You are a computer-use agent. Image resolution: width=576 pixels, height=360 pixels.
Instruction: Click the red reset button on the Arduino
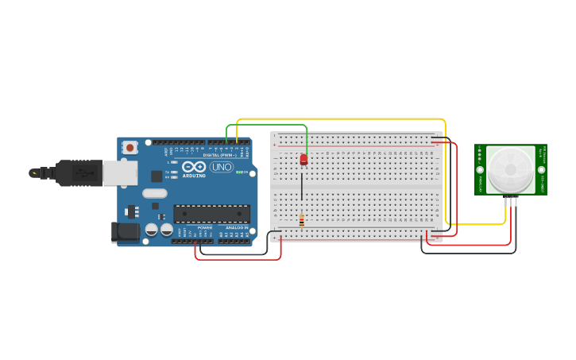(130, 147)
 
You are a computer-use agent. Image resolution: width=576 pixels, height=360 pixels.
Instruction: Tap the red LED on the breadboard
(303, 160)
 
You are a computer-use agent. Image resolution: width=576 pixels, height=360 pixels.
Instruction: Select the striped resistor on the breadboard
(301, 221)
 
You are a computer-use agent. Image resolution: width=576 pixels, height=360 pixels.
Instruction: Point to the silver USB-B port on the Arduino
(119, 172)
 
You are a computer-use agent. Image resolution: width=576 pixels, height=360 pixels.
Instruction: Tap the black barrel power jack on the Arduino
(126, 231)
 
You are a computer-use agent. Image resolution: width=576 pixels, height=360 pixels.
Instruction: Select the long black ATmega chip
(211, 214)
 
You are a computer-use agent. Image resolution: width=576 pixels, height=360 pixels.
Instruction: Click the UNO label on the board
(222, 167)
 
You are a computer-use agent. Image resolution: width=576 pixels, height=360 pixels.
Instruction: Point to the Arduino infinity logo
(193, 167)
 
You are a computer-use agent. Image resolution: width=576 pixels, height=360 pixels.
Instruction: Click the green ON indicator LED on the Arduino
(238, 171)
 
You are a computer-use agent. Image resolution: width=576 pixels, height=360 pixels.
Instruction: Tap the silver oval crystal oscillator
(155, 193)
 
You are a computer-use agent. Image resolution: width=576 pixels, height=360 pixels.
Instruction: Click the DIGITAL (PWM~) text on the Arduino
(222, 155)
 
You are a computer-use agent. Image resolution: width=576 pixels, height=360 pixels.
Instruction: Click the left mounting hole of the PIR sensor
(479, 169)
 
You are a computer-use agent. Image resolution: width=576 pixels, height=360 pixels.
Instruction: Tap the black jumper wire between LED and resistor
(301, 189)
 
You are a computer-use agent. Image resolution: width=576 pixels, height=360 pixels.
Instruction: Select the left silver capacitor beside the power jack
(151, 230)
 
